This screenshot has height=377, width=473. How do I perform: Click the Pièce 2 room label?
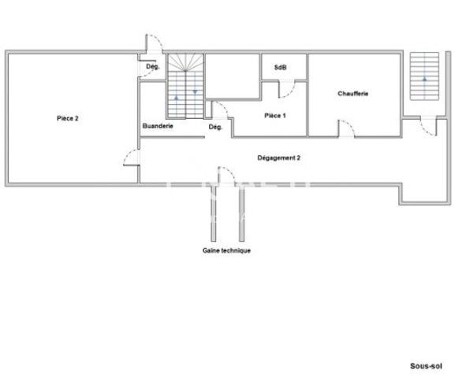67,118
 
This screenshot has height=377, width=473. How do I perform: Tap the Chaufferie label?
353,94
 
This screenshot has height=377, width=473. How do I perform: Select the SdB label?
280,68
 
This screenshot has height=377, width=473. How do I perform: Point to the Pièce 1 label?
274,116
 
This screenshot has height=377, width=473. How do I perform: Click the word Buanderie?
158,126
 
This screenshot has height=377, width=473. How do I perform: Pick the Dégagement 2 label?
279,157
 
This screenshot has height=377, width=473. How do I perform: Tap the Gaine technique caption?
226,250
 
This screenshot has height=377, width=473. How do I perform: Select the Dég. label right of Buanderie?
215,127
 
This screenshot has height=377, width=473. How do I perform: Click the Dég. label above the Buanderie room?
153,67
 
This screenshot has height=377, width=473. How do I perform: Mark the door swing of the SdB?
290,90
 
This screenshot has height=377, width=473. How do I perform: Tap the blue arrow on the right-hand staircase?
425,79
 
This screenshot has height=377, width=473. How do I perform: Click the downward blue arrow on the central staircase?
195,91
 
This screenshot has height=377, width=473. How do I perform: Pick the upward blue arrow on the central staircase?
177,96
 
